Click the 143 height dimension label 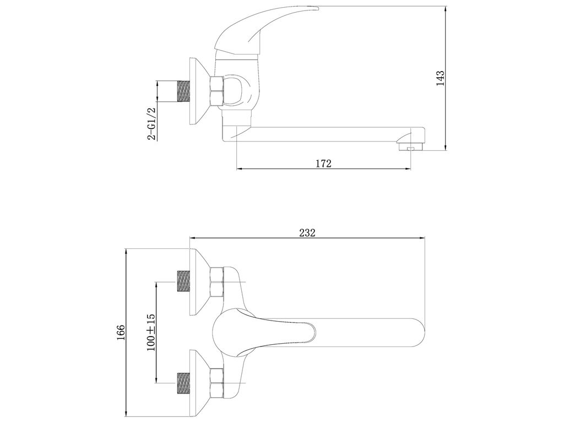coord(440,78)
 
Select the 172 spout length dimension coord(323,164)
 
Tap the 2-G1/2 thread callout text coord(152,123)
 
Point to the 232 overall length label coord(307,233)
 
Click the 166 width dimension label coord(120,332)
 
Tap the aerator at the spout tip coord(410,147)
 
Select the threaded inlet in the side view coord(184,91)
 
